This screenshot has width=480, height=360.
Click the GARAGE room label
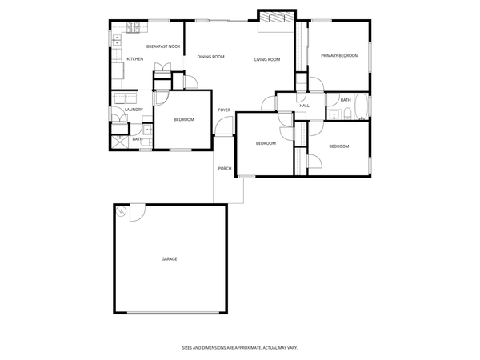(x=170, y=259)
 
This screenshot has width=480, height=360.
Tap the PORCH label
(x=225, y=168)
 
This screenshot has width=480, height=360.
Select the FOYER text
(x=225, y=110)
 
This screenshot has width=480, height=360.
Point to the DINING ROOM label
(x=210, y=57)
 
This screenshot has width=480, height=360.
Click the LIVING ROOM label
(x=267, y=59)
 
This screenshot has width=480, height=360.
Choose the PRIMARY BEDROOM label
(x=339, y=55)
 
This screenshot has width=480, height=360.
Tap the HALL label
(x=305, y=106)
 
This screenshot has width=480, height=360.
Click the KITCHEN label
(x=135, y=59)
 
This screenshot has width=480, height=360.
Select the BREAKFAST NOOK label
(x=162, y=46)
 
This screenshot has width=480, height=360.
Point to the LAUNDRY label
(x=134, y=110)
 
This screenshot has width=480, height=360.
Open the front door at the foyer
(x=223, y=128)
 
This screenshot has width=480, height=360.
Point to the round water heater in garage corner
(x=121, y=211)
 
